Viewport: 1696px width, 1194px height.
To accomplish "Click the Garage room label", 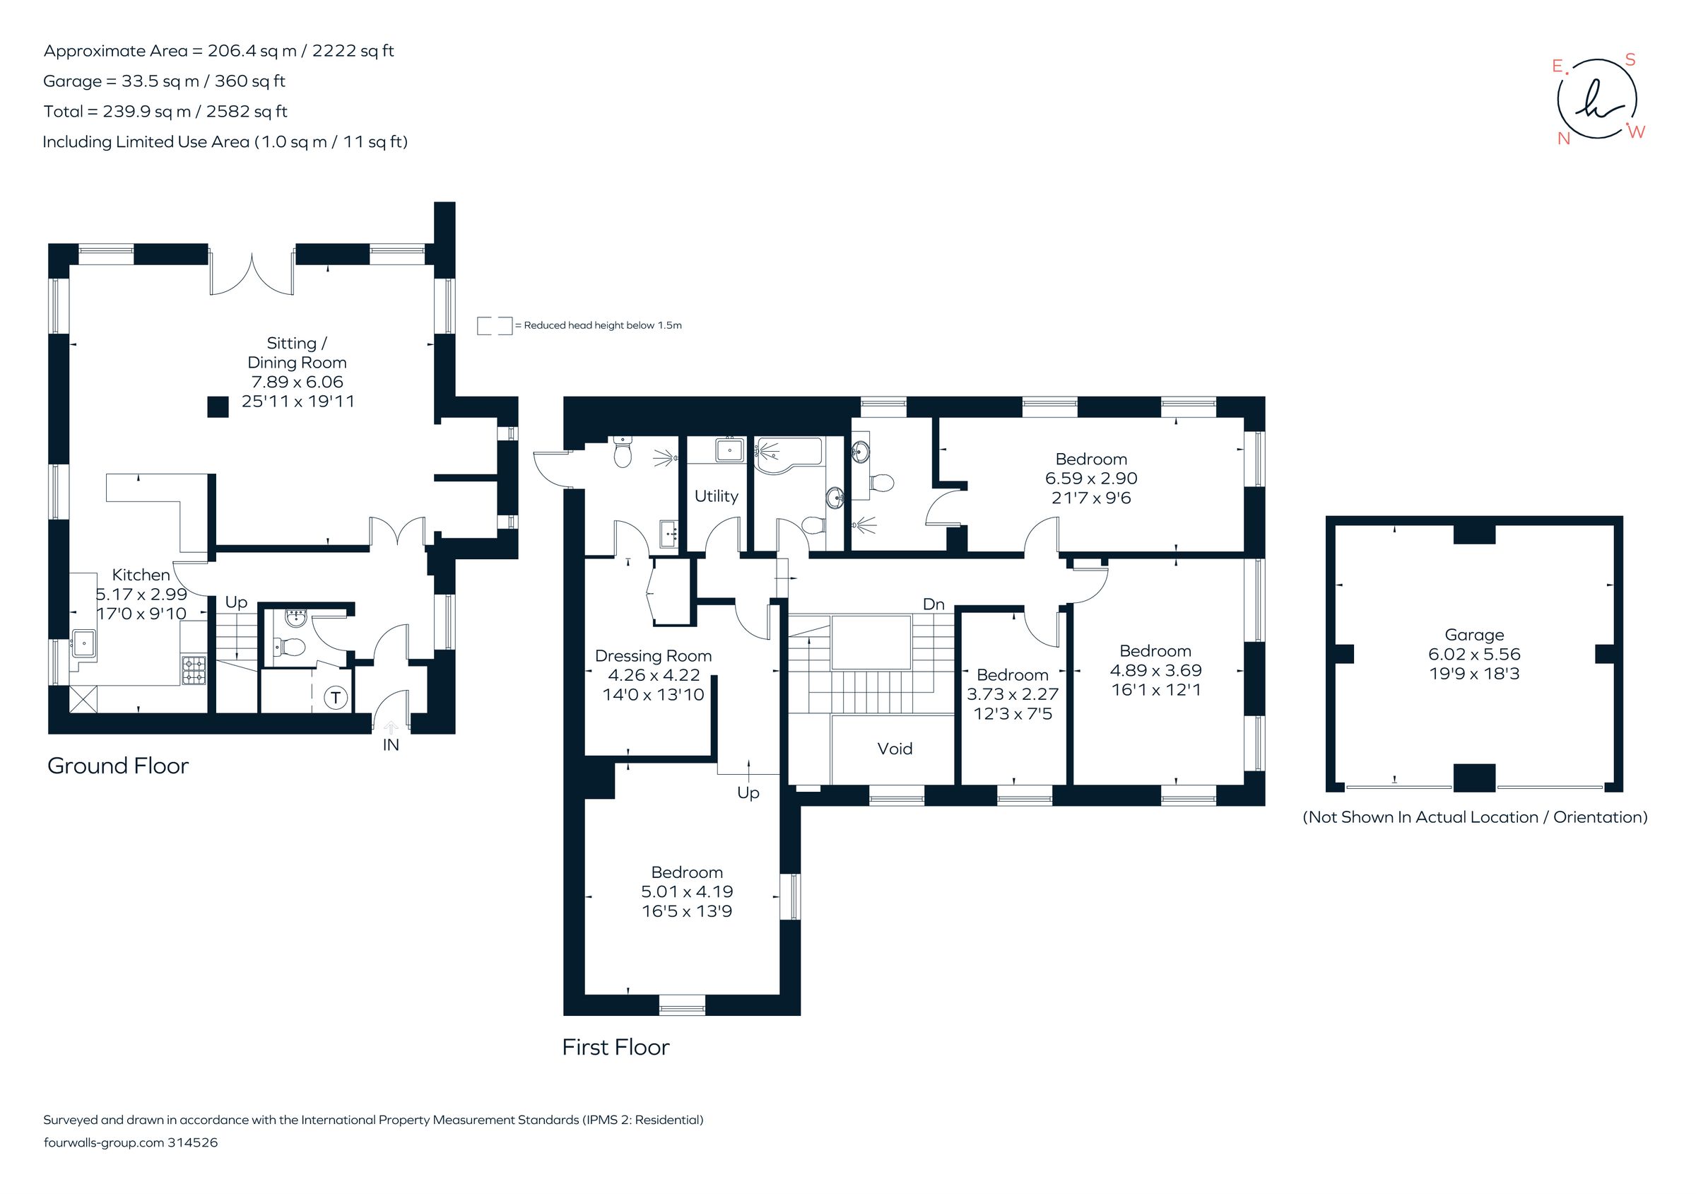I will click(1473, 635).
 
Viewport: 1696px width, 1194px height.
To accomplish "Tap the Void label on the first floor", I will click(895, 749).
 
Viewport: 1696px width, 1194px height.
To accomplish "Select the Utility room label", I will click(716, 496).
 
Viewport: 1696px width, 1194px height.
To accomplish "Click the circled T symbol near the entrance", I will click(336, 697).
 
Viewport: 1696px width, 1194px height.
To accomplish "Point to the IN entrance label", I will click(391, 745).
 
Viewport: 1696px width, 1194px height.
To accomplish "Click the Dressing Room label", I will click(653, 655).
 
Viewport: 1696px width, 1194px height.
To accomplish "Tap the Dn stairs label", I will click(934, 604).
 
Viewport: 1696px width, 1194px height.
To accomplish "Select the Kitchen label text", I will click(141, 574).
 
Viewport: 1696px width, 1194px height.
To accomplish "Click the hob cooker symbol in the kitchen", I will click(194, 669).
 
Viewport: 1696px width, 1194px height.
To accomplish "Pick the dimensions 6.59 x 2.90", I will click(1091, 478).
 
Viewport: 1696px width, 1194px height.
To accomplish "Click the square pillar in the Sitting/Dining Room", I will click(217, 407).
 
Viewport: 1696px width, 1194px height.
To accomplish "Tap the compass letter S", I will click(1630, 60).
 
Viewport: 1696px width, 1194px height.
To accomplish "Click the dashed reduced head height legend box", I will click(494, 325).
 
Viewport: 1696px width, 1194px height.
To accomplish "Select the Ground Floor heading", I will click(118, 766).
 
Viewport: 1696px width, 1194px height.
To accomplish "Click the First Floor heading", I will click(616, 1047).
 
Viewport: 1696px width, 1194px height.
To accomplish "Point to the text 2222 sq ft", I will click(353, 50).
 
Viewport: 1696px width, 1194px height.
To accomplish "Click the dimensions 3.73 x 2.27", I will click(1012, 693).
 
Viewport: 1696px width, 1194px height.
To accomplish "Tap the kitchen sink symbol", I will click(85, 643).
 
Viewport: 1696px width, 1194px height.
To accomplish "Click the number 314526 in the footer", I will click(193, 1142).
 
